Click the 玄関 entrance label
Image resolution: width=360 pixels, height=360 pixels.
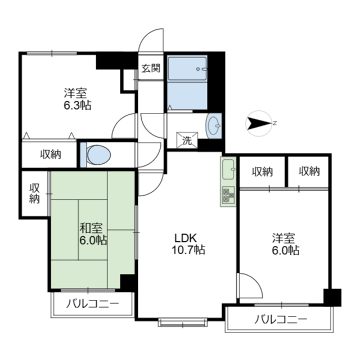151,68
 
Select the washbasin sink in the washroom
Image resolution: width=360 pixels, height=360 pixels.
214,126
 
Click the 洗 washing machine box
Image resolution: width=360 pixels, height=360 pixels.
187,141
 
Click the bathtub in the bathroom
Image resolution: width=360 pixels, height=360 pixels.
187,68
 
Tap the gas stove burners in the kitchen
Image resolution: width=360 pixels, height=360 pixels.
228,195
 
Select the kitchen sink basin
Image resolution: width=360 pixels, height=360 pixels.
228,169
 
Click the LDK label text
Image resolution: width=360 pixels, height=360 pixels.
186,238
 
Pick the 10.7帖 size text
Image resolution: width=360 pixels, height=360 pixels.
188,250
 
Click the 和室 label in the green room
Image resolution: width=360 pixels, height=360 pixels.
91,228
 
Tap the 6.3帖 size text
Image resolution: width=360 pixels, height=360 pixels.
78,105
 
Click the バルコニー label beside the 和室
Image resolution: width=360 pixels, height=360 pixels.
93,304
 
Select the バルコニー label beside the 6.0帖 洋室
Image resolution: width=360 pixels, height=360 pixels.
281,319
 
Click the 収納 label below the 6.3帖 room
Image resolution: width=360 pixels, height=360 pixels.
51,154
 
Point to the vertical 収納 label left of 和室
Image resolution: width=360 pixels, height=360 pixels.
34,193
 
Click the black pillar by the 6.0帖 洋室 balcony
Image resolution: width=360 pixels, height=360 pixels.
332,298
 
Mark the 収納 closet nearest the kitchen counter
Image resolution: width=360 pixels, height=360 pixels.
262,172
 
